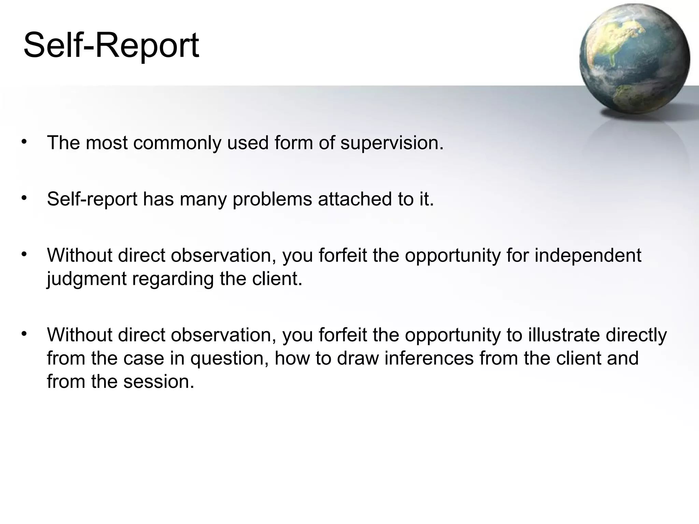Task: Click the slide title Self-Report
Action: pyautogui.click(x=111, y=45)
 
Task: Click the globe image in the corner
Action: pyautogui.click(x=634, y=59)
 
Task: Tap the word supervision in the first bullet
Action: pyautogui.click(x=392, y=143)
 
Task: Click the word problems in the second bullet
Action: pyautogui.click(x=272, y=199)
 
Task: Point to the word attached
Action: pyautogui.click(x=355, y=199)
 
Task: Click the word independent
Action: pyautogui.click(x=588, y=255)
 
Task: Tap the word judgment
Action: pyautogui.click(x=87, y=279)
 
